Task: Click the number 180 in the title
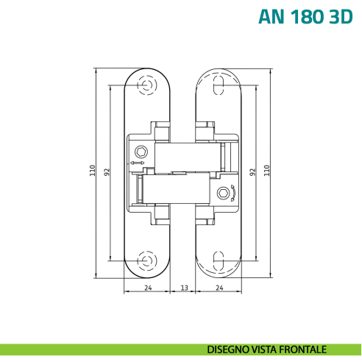point(306,16)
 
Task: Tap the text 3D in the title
point(341,16)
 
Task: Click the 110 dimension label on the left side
point(93,170)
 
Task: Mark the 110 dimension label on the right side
point(268,170)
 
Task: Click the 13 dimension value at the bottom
point(183,287)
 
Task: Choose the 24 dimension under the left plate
point(148,287)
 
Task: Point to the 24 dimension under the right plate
point(219,287)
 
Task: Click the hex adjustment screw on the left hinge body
point(141,152)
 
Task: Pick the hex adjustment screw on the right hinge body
point(224,194)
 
